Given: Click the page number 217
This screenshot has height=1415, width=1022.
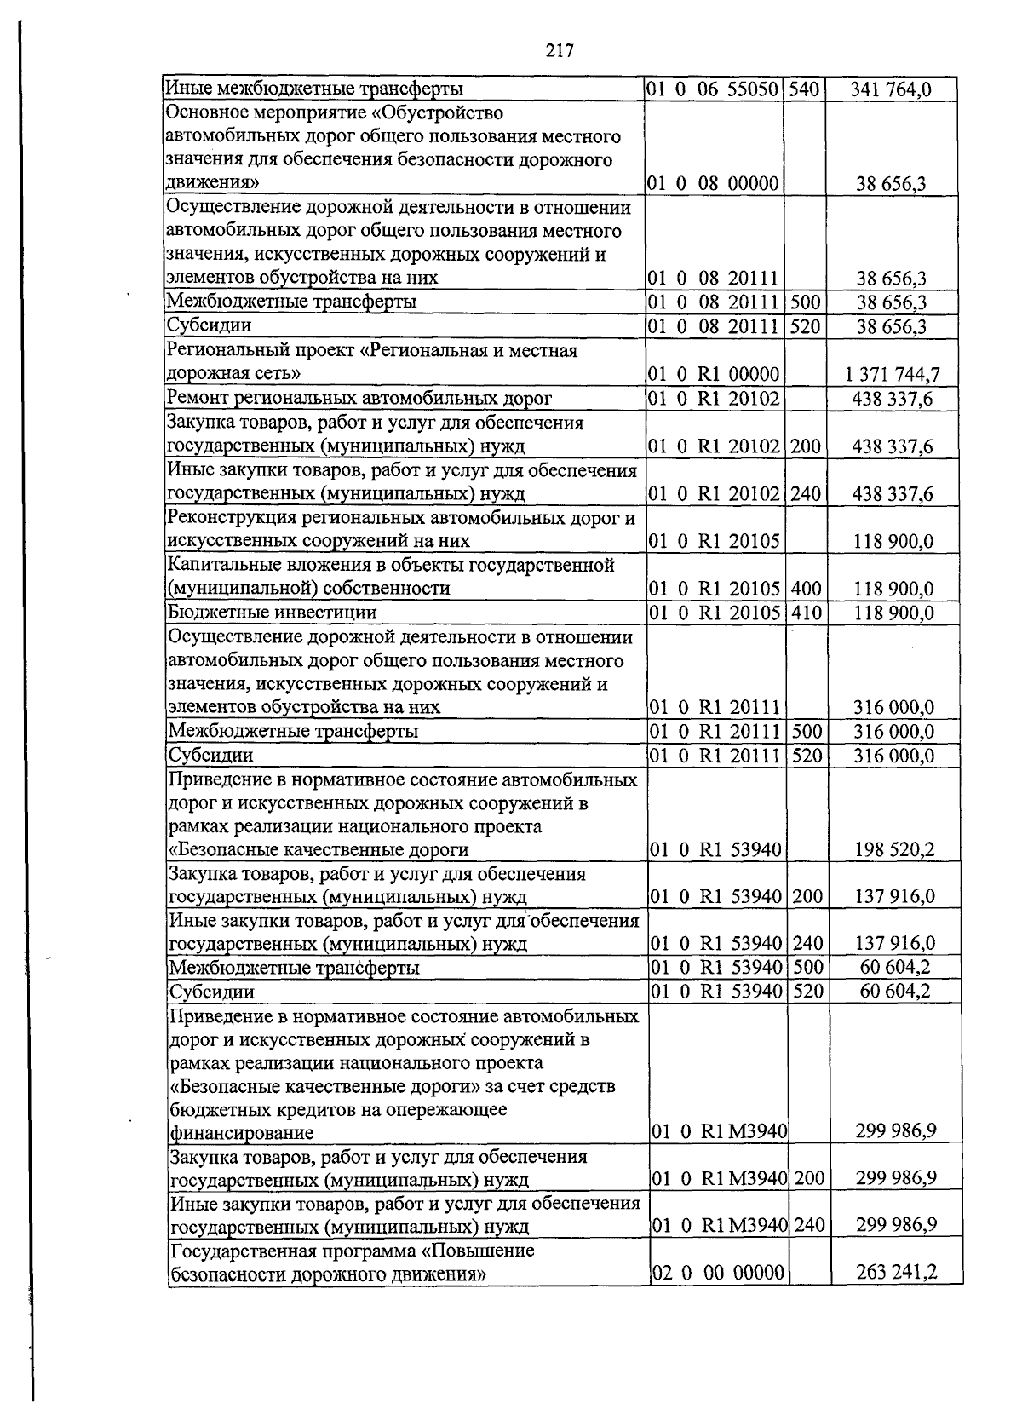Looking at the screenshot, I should [x=560, y=50].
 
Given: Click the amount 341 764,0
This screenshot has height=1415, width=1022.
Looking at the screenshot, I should [x=891, y=89].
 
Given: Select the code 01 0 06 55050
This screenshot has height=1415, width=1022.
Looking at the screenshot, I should [x=713, y=89].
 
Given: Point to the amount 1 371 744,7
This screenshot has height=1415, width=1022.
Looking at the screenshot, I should [x=893, y=374].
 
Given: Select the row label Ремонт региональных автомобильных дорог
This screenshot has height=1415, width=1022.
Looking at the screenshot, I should [x=359, y=398].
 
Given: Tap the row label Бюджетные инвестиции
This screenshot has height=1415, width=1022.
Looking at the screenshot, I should [x=272, y=613].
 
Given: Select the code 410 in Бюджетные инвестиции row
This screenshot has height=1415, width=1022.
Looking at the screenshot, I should [x=805, y=613].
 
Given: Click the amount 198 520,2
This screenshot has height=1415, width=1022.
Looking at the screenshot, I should [x=893, y=849].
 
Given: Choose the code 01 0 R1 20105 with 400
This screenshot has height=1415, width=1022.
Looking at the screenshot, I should [x=715, y=589].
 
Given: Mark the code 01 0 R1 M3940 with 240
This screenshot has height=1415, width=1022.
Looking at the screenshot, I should [x=719, y=1226].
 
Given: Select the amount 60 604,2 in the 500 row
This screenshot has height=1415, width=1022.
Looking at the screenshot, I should [x=894, y=968].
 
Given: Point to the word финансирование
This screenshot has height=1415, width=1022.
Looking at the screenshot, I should [x=242, y=1133].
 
